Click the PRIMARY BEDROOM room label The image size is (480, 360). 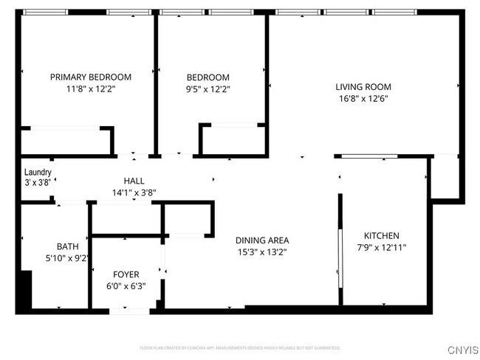90,77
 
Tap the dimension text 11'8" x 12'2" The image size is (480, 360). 90,88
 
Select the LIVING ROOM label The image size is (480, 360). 363,86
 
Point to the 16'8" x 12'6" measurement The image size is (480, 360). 363,98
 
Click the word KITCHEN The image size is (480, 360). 382,235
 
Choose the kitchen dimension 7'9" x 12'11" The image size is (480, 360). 382,247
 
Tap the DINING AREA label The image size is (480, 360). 262,240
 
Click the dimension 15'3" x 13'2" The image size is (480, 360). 262,252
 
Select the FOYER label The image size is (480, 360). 126,274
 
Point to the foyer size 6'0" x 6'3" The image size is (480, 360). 126,286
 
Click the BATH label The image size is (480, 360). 67,246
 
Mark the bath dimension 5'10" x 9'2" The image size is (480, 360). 67,258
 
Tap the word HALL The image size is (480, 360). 134,181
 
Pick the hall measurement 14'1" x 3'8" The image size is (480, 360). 134,193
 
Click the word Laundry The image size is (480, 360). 38,172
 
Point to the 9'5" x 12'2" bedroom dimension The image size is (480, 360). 208,89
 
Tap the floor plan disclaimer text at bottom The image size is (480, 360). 240,347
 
